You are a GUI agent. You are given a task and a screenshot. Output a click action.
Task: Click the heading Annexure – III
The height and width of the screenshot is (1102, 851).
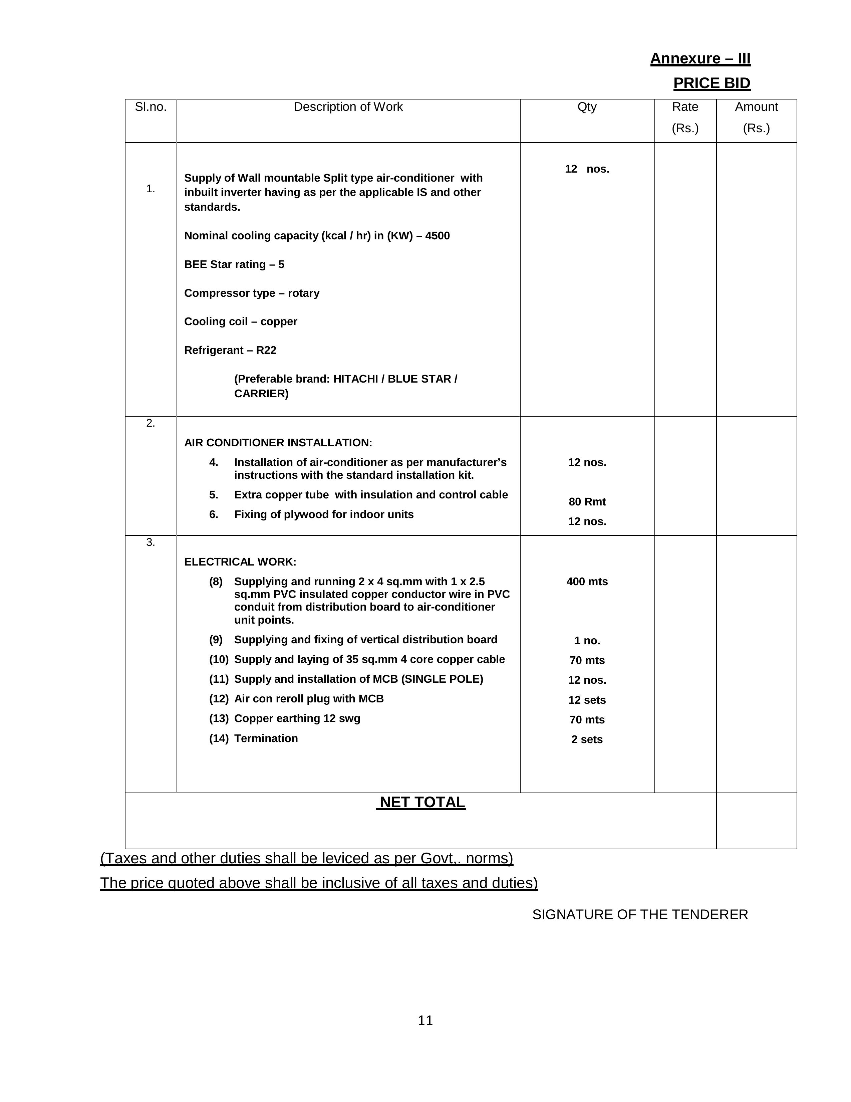700,58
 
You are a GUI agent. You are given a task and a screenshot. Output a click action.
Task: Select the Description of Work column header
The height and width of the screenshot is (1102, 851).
348,107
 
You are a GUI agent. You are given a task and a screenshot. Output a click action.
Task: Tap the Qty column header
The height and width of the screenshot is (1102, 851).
587,107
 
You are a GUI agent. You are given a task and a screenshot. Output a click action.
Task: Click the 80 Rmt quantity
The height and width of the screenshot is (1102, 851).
587,501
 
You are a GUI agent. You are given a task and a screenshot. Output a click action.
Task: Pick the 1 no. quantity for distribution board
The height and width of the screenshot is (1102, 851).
587,641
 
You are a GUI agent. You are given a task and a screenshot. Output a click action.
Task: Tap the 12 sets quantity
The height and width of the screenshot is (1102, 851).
587,700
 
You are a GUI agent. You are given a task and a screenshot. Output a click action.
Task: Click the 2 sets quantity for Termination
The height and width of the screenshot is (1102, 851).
587,739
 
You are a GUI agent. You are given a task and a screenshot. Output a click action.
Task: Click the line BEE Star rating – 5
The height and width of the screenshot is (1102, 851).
234,264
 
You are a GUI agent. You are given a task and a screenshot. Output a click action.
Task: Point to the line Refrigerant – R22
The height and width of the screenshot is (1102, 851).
230,350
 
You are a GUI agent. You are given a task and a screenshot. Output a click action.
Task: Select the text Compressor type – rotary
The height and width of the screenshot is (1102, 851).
251,293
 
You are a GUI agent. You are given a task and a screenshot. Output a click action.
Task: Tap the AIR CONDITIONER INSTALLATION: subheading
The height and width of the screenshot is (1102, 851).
278,443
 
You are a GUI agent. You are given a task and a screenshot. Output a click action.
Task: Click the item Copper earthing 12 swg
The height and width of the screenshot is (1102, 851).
297,718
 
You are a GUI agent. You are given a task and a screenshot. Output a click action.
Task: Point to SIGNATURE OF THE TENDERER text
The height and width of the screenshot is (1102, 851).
640,914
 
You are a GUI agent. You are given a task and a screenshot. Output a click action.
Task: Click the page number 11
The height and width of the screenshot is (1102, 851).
425,1020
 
